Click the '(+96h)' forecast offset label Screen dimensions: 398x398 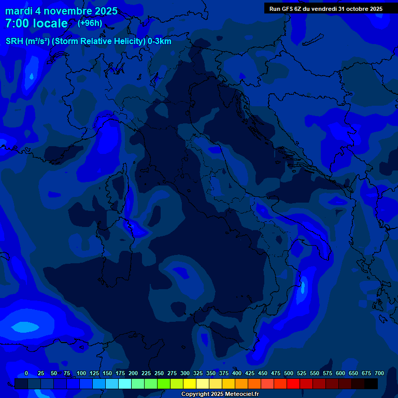click(90, 23)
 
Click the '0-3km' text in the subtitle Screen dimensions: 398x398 click(159, 41)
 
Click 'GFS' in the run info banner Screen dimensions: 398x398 click(288, 9)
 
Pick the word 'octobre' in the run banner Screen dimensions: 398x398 click(356, 9)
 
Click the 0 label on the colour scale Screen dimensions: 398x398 click(26, 373)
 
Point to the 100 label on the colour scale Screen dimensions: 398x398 click(81, 373)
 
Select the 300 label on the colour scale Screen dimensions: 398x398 click(185, 373)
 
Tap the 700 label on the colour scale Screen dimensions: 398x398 click(379, 373)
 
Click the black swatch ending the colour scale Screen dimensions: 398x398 click(371, 383)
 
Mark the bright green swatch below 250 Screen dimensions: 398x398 click(164, 383)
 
